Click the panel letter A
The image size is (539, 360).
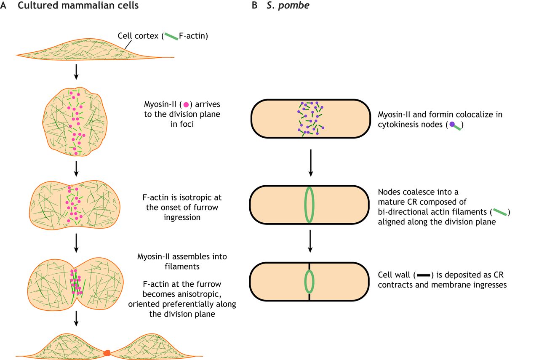click(x=4, y=6)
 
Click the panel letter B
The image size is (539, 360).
click(x=254, y=6)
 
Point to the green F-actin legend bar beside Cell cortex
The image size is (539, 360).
click(x=171, y=37)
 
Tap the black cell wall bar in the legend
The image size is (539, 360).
click(x=423, y=275)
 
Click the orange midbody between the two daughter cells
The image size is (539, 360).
click(x=107, y=352)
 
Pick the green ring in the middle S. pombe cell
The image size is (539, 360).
click(x=310, y=204)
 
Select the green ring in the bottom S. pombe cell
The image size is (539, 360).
click(x=310, y=281)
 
